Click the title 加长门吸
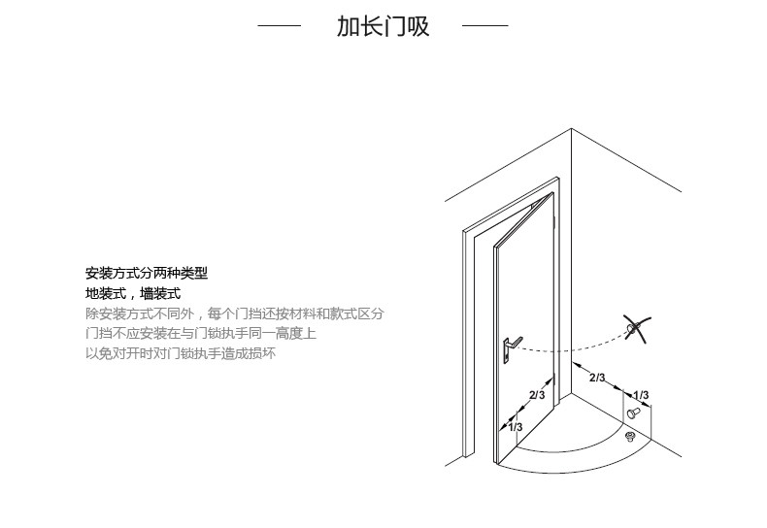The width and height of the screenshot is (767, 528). point(383,26)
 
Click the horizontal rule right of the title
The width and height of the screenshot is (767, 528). point(484,26)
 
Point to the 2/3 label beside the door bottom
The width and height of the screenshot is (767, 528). point(536,395)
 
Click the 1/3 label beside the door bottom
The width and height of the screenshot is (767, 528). point(515,427)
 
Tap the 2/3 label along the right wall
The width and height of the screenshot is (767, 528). point(597,378)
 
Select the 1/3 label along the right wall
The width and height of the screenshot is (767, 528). point(641,395)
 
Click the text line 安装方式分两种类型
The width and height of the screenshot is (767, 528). point(146,274)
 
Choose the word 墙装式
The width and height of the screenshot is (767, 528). point(160,294)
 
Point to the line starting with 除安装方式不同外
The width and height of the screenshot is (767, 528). point(234,314)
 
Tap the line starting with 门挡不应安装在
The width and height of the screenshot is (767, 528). point(200,334)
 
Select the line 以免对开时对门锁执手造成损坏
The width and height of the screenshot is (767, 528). point(181,354)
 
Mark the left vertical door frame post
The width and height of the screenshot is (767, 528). point(471,340)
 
